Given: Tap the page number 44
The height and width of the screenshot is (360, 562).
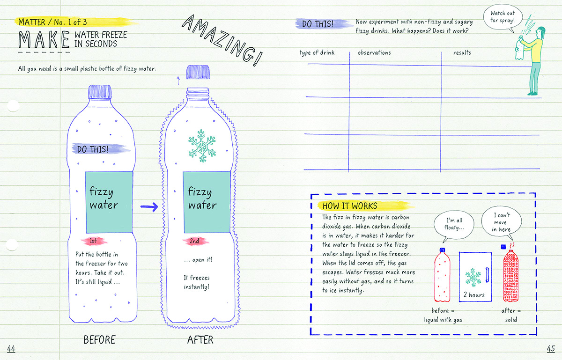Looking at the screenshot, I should [x=11, y=348].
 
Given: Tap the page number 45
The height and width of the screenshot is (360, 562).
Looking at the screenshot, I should [x=550, y=348].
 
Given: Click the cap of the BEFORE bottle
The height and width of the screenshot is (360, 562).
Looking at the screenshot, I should [x=99, y=91].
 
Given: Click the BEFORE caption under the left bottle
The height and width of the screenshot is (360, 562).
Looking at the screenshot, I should [x=99, y=340].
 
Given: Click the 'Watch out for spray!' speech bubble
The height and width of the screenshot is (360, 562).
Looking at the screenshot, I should [x=503, y=17].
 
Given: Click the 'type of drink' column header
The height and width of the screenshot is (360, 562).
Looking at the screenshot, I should [x=317, y=52].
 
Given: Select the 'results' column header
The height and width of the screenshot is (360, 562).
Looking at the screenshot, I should [x=462, y=52].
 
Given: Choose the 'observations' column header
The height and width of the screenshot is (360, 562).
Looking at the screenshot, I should [x=374, y=52].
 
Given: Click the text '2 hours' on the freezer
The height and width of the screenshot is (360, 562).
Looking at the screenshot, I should [x=474, y=295].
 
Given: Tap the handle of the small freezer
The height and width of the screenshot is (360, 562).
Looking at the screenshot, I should [x=488, y=273].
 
